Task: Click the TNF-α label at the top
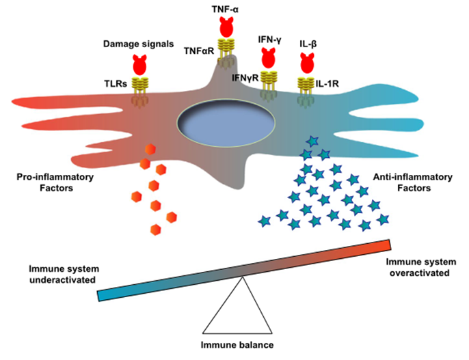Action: (x=225, y=10)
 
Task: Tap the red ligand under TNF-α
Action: (x=226, y=27)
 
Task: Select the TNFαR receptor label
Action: (x=199, y=51)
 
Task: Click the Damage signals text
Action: (x=139, y=44)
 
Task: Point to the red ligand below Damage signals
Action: (x=139, y=65)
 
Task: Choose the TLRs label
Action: (x=116, y=84)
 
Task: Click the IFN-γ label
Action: (x=270, y=40)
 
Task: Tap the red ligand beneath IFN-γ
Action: (x=268, y=57)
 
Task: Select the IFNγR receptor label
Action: (x=245, y=78)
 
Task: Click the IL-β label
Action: (x=308, y=44)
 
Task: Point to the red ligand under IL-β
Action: (x=307, y=63)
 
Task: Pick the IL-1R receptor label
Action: (x=327, y=83)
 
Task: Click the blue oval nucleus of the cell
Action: (x=226, y=122)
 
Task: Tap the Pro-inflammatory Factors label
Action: (x=55, y=182)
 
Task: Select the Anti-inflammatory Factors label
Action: (x=413, y=182)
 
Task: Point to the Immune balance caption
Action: (x=237, y=345)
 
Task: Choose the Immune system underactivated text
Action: (x=64, y=274)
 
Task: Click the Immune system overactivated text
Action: (x=420, y=267)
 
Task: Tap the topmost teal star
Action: (x=313, y=141)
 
